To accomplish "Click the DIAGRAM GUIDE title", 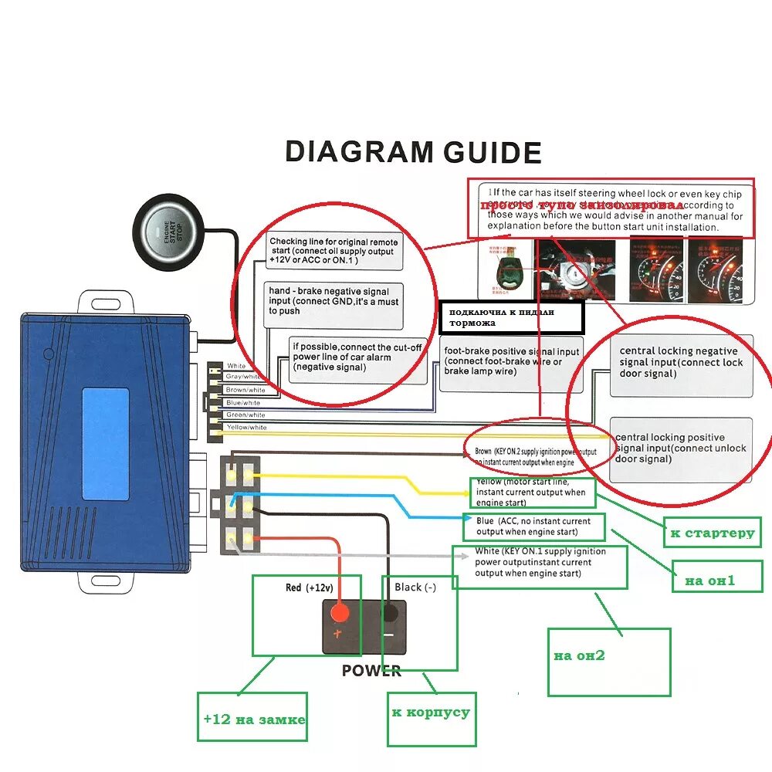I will tap(413, 151).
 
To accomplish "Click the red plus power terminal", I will tap(339, 614).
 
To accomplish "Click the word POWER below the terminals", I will tap(371, 670).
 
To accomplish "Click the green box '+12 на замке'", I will tap(252, 718).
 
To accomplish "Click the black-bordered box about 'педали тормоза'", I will tap(510, 317).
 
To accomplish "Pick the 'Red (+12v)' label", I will tap(309, 587).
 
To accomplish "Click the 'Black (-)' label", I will tap(415, 587).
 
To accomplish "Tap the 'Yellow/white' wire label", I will tap(246, 427).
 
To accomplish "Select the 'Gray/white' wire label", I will tap(245, 378).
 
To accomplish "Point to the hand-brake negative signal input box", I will tap(334, 301).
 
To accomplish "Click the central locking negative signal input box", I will tap(680, 362).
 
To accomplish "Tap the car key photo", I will tap(510, 270).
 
